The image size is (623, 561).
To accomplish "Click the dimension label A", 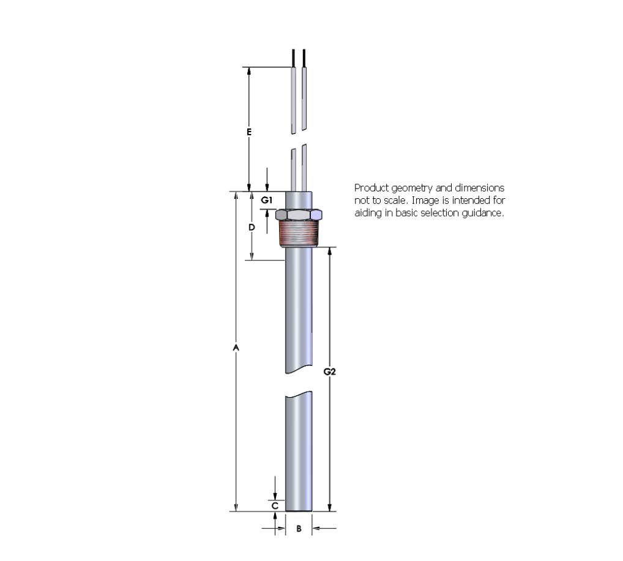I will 236,347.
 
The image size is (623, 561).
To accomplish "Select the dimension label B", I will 299,529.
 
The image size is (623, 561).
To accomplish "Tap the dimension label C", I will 275,506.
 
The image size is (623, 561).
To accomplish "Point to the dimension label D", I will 252,227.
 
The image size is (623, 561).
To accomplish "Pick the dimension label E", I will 248,132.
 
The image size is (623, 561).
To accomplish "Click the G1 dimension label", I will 267,200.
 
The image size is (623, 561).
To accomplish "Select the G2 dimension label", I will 329,371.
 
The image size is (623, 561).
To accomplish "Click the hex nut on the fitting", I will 299,215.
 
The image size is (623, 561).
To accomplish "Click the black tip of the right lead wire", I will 304,58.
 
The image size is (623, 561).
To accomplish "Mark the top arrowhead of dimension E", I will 248,71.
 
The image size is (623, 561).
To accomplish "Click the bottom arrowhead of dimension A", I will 236,507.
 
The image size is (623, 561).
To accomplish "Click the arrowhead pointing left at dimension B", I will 316,529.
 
